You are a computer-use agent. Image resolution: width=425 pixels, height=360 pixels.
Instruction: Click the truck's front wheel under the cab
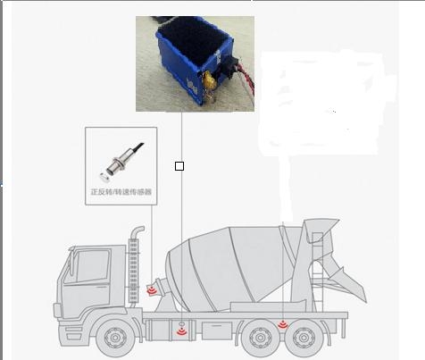click(x=115, y=338)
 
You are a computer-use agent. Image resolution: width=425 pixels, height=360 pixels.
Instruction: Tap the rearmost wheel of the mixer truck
click(x=304, y=338)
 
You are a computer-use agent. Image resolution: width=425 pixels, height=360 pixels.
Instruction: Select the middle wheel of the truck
click(x=260, y=338)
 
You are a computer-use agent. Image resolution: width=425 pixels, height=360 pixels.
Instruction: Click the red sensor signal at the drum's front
click(x=152, y=290)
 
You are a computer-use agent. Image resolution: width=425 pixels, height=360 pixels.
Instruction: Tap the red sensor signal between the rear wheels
click(x=282, y=324)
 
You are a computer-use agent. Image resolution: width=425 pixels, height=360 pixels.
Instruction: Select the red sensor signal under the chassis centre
click(x=181, y=331)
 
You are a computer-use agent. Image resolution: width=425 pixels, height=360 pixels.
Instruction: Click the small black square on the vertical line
click(x=179, y=166)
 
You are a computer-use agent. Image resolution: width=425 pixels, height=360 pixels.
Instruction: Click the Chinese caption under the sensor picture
click(x=121, y=191)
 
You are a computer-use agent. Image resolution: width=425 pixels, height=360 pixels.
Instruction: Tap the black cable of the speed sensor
click(x=137, y=147)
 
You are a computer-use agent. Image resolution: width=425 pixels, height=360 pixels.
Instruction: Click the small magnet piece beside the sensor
click(x=104, y=177)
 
